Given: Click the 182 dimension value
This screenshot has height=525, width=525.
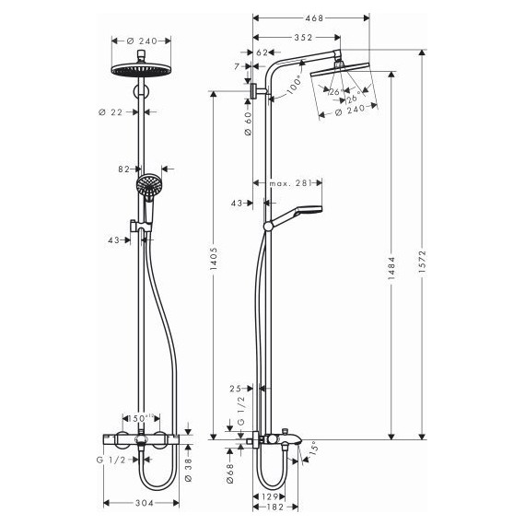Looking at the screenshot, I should tap(274, 507).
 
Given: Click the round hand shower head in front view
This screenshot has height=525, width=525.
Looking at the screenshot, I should tap(146, 187).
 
